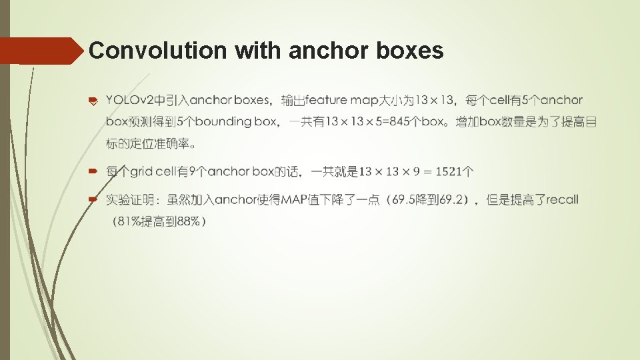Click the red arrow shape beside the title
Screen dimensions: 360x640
tap(40, 51)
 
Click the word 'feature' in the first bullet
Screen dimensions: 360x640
tap(327, 101)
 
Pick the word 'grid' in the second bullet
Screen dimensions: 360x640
tap(141, 172)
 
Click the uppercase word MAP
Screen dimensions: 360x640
tap(294, 199)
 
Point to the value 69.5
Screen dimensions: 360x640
tap(404, 199)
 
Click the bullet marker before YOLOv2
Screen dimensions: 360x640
tap(94, 101)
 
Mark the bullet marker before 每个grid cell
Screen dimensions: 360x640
tap(94, 172)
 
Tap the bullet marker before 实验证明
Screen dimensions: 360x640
tap(94, 199)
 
